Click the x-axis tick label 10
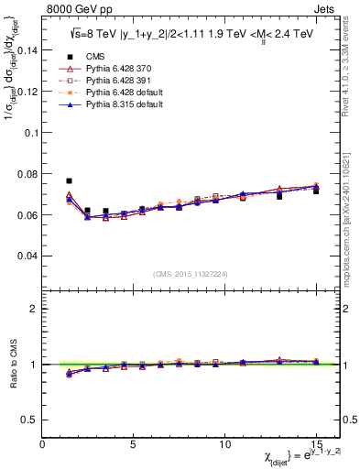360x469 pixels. click(225, 442)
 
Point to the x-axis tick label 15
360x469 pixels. click(316, 442)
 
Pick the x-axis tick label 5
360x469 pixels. click(134, 442)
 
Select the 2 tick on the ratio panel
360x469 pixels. click(32, 309)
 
